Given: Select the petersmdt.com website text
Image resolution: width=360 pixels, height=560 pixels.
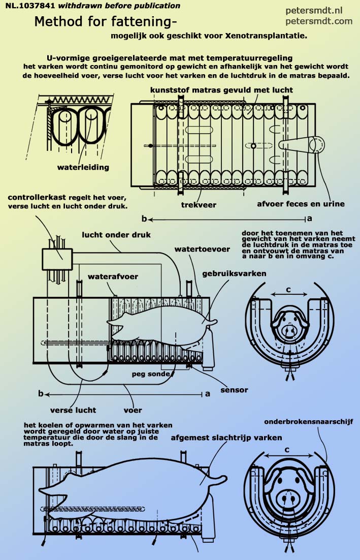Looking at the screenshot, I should click(x=318, y=21).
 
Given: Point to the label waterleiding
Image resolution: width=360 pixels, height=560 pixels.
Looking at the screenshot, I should click(x=83, y=166).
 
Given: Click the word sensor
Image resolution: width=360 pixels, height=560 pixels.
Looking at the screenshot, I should click(x=234, y=390).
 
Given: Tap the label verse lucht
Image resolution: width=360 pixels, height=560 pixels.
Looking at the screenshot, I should click(x=73, y=410).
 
